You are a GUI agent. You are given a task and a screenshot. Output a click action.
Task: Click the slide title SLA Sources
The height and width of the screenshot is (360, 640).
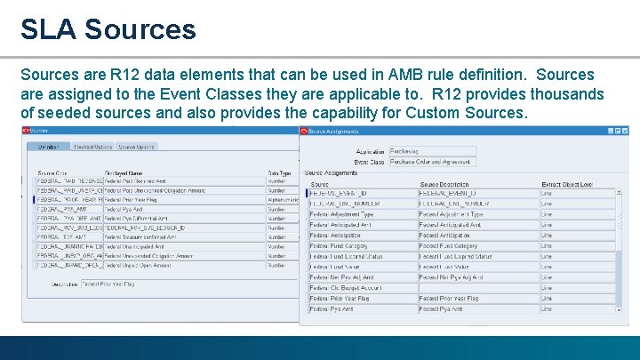point(108,28)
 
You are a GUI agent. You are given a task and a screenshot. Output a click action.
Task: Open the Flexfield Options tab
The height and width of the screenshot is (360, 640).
point(92,147)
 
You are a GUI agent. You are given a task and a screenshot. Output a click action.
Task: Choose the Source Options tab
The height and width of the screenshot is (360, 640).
point(136,147)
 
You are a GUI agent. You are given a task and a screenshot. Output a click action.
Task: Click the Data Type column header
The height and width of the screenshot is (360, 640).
point(280,172)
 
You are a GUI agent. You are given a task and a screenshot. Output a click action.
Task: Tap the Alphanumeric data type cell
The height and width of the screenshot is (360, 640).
point(283,200)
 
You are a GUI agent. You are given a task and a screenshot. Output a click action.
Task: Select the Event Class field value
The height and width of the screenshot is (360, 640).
point(431,162)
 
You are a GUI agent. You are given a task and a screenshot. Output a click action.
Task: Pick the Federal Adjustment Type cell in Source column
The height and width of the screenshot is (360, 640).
point(342,214)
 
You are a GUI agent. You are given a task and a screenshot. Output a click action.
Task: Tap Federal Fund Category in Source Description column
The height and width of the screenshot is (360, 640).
point(449,246)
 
